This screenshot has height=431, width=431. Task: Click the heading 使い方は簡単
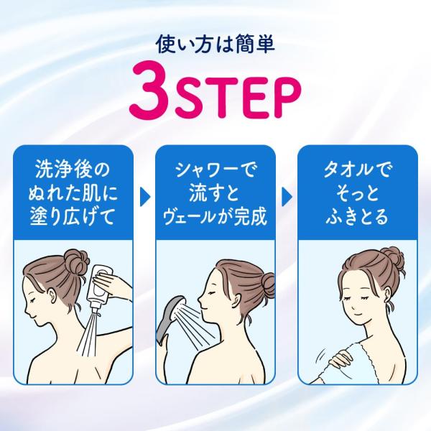tap(215, 45)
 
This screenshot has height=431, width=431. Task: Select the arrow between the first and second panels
tap(145, 197)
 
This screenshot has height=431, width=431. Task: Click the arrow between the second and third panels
tap(287, 197)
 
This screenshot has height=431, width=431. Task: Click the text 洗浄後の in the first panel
tap(73, 170)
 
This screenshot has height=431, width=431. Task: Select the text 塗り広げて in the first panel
tap(73, 217)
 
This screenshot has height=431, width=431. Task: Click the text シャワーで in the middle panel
tap(215, 170)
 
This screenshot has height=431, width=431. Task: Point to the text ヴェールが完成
tap(215, 217)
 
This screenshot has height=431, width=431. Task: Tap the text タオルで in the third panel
tap(357, 170)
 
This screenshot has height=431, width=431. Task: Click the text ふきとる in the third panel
tap(357, 217)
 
